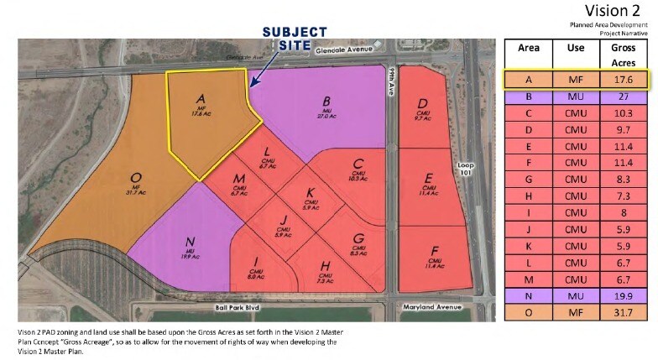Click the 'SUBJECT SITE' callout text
pyautogui.click(x=294, y=38)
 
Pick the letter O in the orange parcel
pyautogui.click(x=136, y=178)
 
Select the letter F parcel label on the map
pyautogui.click(x=434, y=251)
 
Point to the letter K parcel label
pyautogui.click(x=310, y=192)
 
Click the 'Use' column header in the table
pyautogui.click(x=576, y=49)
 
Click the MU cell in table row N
pyautogui.click(x=576, y=296)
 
